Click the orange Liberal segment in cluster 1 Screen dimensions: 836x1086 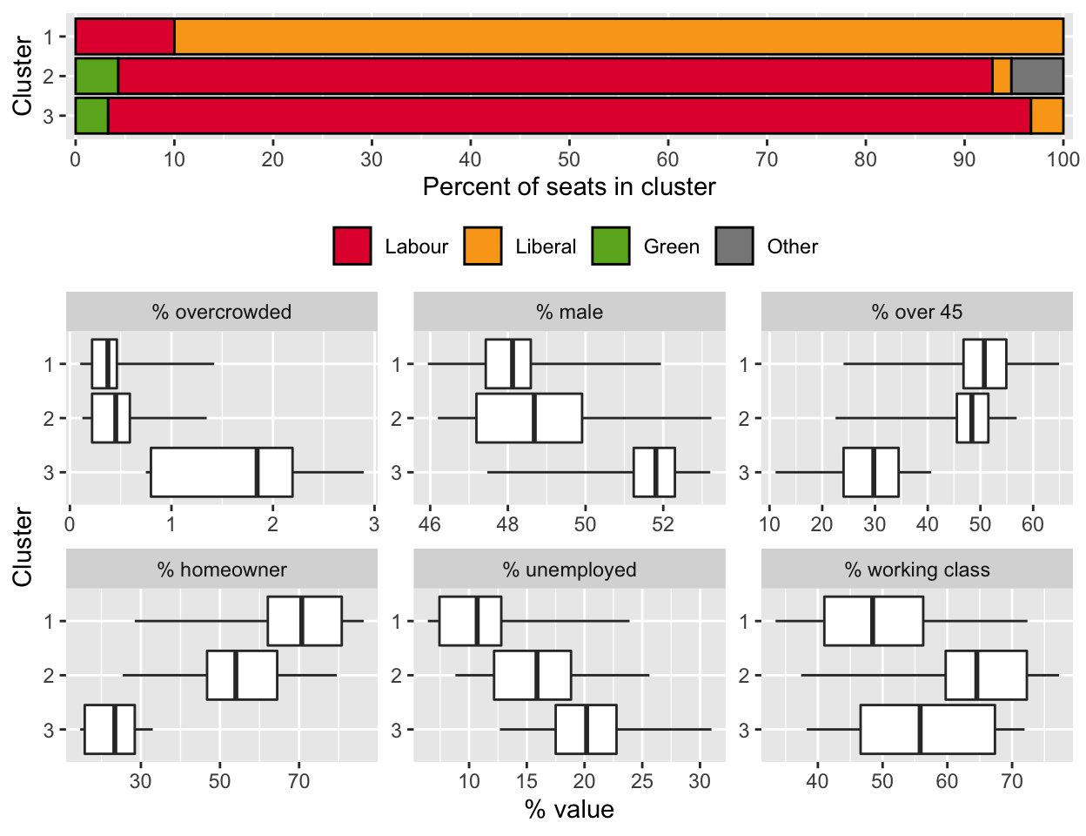tap(619, 37)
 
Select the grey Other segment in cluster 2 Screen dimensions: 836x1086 tap(1037, 76)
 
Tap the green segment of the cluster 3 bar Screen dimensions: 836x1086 tap(91, 116)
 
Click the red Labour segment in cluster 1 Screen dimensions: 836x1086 tap(124, 37)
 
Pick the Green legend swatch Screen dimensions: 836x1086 tap(611, 246)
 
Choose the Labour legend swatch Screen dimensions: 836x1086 tap(352, 246)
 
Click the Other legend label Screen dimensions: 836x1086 tap(792, 246)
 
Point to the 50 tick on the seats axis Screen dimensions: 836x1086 tap(569, 159)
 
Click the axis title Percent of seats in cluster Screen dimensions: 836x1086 tap(569, 187)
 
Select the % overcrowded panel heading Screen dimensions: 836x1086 tap(222, 312)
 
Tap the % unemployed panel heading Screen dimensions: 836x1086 tap(569, 570)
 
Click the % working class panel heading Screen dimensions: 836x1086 tap(916, 570)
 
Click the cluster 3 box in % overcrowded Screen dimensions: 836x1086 tap(222, 472)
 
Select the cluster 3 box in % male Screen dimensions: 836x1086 tap(654, 472)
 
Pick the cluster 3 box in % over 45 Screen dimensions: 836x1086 tap(871, 472)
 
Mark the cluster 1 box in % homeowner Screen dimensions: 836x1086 tap(305, 621)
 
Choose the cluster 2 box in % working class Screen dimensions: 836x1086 tap(986, 675)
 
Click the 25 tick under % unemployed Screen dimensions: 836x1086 tap(642, 781)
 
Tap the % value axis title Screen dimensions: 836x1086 tap(569, 810)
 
